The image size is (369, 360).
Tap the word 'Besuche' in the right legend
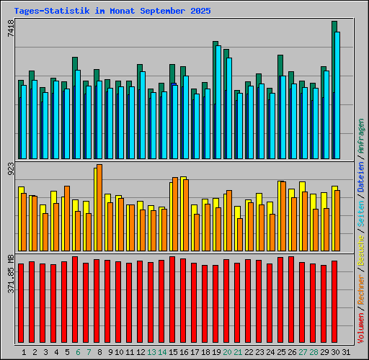click(x=360, y=247)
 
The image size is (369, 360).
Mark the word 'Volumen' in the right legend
click(x=360, y=325)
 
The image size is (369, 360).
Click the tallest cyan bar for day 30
click(x=337, y=94)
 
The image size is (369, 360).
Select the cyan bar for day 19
click(x=218, y=101)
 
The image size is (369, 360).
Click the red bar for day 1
click(x=21, y=302)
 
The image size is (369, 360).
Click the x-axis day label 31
click(x=345, y=351)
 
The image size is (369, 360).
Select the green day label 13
click(x=151, y=351)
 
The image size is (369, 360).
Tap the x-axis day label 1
click(x=25, y=351)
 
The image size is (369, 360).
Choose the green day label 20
click(x=226, y=351)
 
